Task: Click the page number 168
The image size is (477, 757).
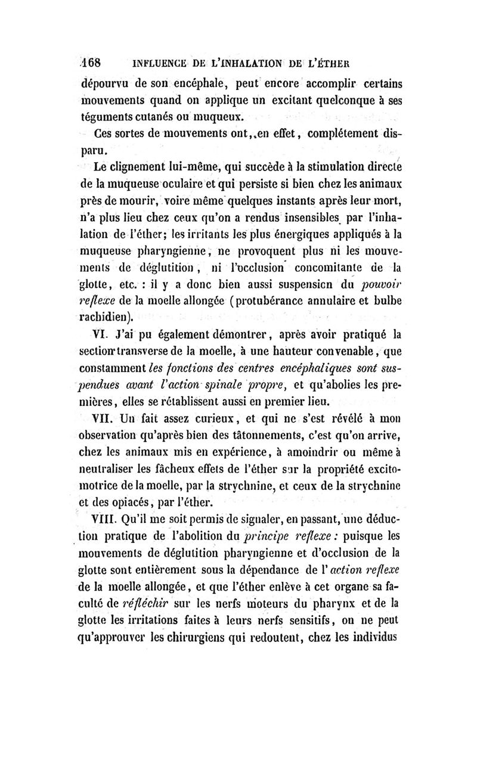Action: (x=92, y=61)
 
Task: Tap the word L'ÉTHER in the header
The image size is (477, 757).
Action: (x=327, y=62)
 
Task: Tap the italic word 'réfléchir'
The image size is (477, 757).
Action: (x=138, y=589)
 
